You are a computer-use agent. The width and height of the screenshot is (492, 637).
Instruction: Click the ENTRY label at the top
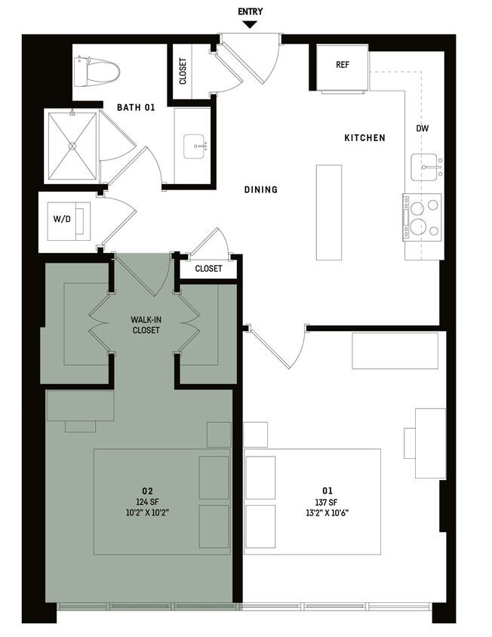point(250,12)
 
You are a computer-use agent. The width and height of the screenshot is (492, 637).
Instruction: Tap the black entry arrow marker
point(250,25)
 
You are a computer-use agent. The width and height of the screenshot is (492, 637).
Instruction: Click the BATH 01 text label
point(135,108)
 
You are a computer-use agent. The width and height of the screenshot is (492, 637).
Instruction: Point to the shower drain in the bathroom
point(72,146)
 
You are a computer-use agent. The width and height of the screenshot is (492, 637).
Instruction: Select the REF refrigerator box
point(342,66)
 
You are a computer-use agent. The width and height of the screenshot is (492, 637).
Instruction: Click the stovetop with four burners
point(423,216)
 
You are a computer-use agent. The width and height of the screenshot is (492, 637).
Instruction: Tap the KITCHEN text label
point(364,138)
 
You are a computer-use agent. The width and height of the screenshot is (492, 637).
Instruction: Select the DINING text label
point(260,189)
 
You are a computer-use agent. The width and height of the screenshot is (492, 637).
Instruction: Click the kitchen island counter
point(327,212)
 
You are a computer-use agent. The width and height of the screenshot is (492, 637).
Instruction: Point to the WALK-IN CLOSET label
point(145,325)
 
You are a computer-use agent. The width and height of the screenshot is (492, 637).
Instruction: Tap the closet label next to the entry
point(183,71)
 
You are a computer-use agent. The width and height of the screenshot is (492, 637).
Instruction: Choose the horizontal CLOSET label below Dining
point(208,269)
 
